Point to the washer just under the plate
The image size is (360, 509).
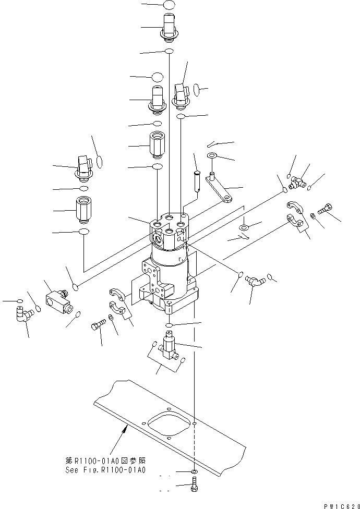click(194, 472)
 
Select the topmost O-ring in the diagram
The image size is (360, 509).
click(169, 5)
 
